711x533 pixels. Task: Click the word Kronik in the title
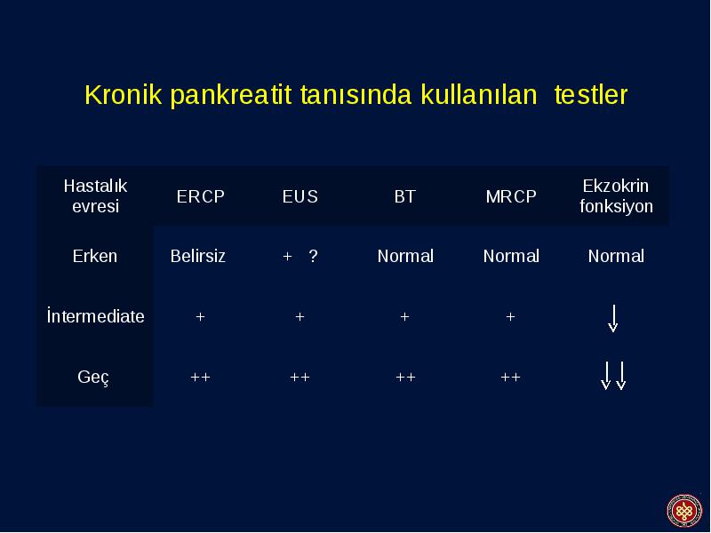pos(124,94)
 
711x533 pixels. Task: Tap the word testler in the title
pos(591,94)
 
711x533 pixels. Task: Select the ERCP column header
pos(201,196)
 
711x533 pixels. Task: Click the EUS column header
pos(300,196)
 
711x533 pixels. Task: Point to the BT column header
pos(405,196)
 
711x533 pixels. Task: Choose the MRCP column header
pos(511,196)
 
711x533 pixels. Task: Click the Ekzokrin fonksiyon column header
pos(616,195)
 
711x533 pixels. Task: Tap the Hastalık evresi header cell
pos(95,195)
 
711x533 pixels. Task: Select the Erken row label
pos(95,256)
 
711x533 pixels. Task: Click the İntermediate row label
pos(96,316)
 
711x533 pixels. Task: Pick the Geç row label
pos(93,377)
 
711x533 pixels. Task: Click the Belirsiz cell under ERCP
pos(197,256)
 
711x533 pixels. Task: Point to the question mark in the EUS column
pos(313,256)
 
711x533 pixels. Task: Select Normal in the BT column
pos(405,256)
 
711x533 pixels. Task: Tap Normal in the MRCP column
pos(511,256)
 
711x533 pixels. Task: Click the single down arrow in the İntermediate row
pos(613,319)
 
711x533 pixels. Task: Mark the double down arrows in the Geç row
pos(613,376)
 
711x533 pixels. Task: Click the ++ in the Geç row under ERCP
pos(200,377)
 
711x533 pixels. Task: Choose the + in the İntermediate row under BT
pos(405,317)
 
